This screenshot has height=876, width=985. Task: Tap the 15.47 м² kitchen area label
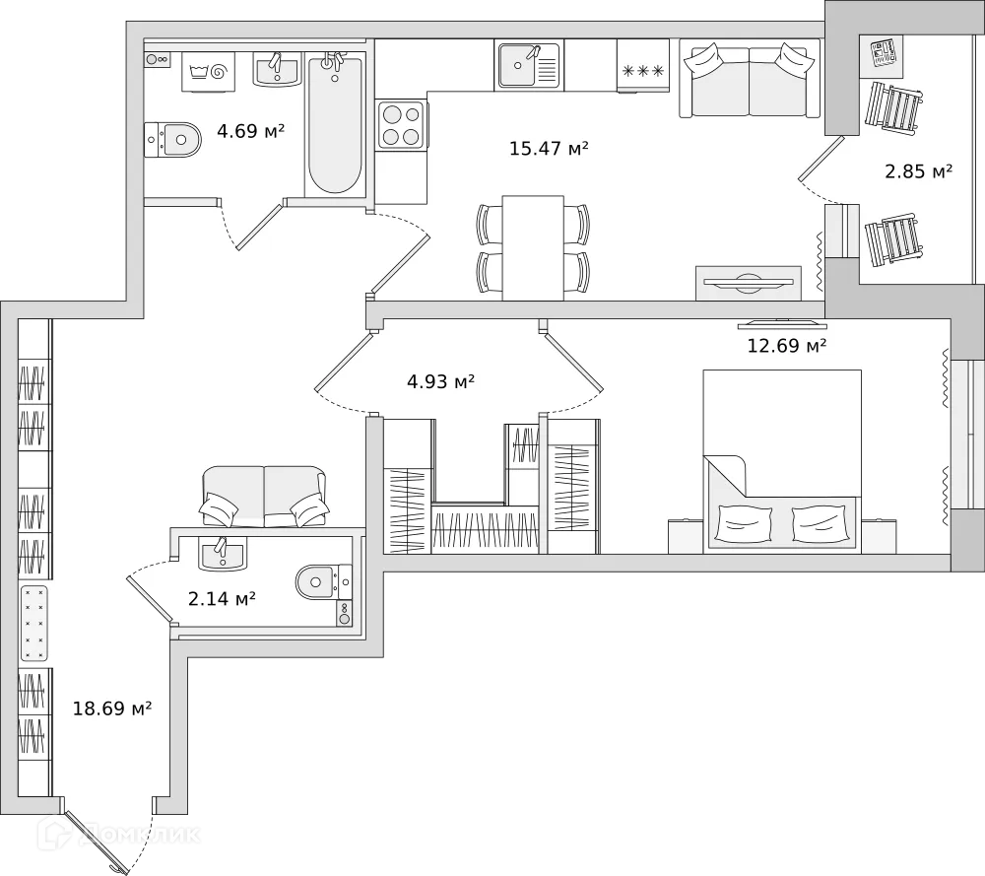pyautogui.click(x=549, y=149)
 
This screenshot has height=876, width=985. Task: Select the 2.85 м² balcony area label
pyautogui.click(x=918, y=171)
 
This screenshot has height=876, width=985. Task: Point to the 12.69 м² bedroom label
pyautogui.click(x=786, y=346)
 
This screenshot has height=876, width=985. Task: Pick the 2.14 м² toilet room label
pyautogui.click(x=223, y=598)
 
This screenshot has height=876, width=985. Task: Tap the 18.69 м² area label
pyautogui.click(x=112, y=708)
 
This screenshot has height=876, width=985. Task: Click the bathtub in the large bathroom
pyautogui.click(x=334, y=125)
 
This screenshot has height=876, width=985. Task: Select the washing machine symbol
pyautogui.click(x=211, y=71)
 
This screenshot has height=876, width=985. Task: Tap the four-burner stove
pyautogui.click(x=401, y=125)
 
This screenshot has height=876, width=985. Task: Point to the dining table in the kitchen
pyautogui.click(x=533, y=247)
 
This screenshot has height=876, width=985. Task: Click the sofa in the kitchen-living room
pyautogui.click(x=750, y=80)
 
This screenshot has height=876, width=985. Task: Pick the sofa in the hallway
pyautogui.click(x=264, y=495)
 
